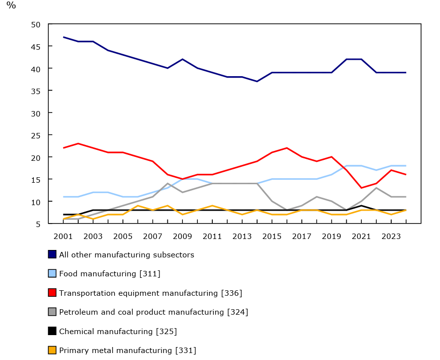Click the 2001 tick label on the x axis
[63, 236]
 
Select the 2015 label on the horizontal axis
[272, 236]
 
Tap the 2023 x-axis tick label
[391, 236]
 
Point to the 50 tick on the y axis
[35, 24]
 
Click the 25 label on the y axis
[35, 135]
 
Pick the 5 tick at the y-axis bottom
[38, 224]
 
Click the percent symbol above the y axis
[11, 5]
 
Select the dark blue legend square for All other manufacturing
[52, 254]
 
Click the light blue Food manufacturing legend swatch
[52, 273]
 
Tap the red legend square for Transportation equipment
[52, 293]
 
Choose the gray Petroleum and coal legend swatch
[52, 312]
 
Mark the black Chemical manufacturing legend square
[52, 331]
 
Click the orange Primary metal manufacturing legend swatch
[52, 350]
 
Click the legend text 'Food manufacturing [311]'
[110, 273]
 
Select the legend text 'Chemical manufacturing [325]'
[118, 331]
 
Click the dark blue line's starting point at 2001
[63, 37]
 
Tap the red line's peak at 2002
[78, 143]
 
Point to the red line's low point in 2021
[361, 188]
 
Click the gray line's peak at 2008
[167, 183]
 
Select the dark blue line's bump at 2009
[182, 59]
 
